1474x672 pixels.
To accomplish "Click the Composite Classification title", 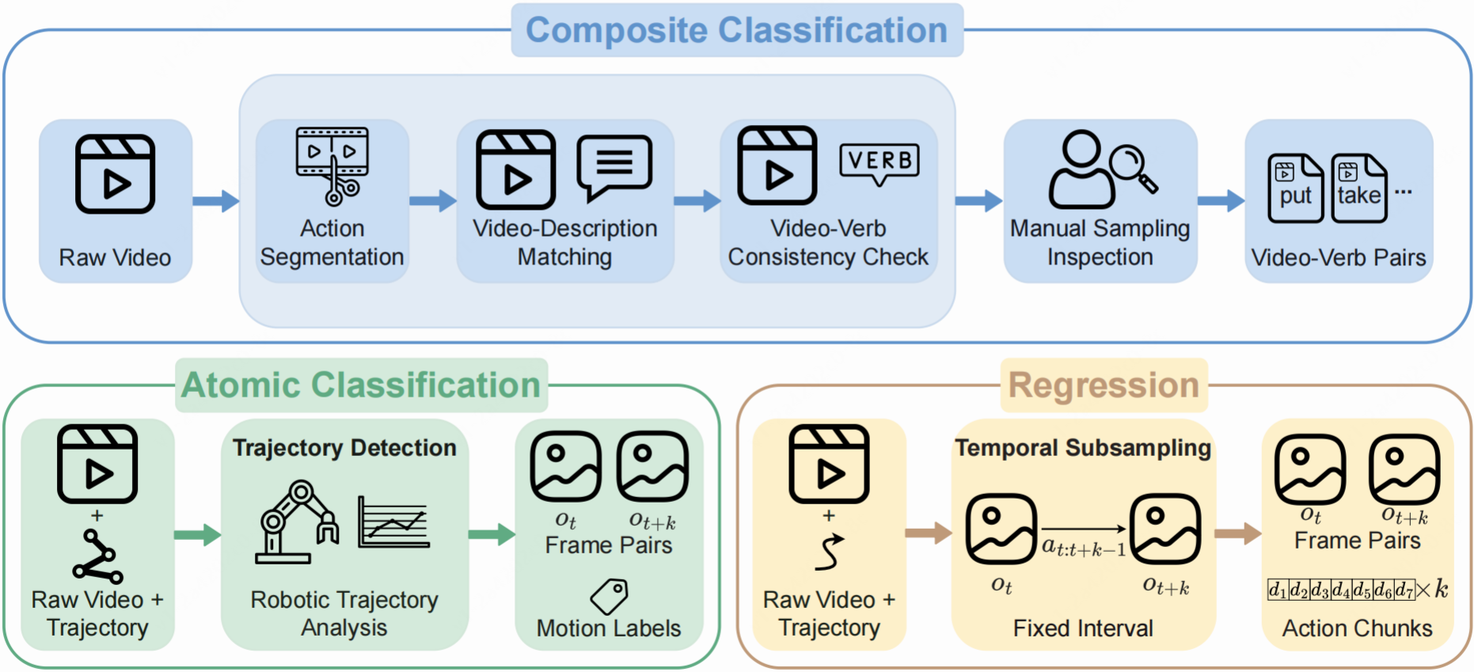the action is click(736, 31).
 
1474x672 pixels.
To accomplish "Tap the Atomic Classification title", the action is click(361, 385).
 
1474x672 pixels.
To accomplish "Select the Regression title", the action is click(1104, 385).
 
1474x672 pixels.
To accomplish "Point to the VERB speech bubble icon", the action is click(879, 164).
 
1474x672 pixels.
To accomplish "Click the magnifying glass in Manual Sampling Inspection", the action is click(1134, 169).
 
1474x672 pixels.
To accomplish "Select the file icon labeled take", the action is click(1358, 188).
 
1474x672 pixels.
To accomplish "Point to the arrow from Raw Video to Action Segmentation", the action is click(216, 201).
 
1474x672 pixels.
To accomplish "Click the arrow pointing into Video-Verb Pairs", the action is click(1221, 201).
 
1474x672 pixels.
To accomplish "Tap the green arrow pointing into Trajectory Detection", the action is click(198, 535).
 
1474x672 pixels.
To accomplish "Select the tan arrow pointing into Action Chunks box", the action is click(1238, 533).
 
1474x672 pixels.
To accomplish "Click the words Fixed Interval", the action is click(1083, 628).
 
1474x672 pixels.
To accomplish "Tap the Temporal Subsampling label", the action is click(1083, 448).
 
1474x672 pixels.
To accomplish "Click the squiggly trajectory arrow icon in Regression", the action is click(829, 552).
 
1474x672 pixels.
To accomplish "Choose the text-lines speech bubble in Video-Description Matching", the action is click(615, 167).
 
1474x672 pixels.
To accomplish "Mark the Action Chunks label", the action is click(1357, 628).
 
